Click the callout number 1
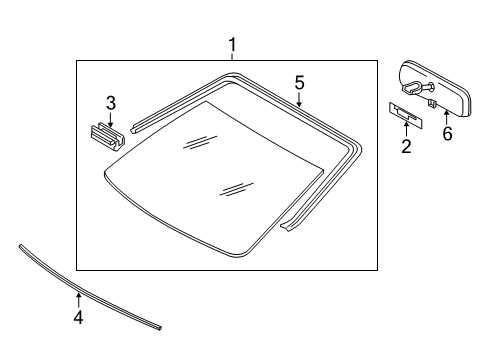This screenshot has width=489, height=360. click(x=232, y=45)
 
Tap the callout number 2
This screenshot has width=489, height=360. click(x=406, y=148)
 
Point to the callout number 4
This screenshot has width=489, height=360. click(x=78, y=319)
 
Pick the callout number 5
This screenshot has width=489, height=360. click(x=298, y=82)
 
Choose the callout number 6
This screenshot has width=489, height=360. click(x=447, y=133)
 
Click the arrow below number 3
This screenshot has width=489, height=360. click(x=111, y=118)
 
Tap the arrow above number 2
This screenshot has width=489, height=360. click(x=406, y=128)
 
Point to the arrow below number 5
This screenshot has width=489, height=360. click(x=298, y=99)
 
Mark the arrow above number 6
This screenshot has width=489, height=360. click(x=447, y=113)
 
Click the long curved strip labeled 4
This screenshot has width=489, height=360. click(x=90, y=289)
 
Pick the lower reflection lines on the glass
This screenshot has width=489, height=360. click(x=236, y=187)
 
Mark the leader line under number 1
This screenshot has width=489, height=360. click(x=232, y=57)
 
